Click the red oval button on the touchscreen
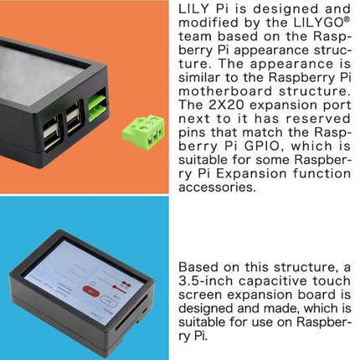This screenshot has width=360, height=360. pyautogui.click(x=90, y=291)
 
